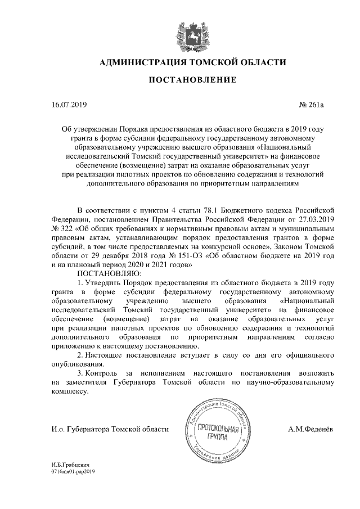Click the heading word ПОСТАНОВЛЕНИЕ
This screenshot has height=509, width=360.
192,81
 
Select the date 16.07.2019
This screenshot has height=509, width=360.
67,105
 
